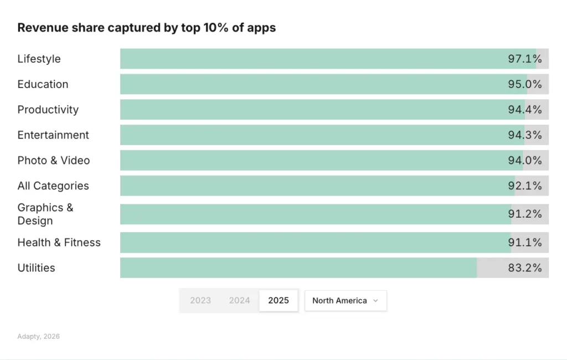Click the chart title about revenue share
coord(146,28)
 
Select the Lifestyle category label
coord(39,59)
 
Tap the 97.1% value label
coord(525,59)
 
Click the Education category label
coord(43,84)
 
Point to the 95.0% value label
coord(525,84)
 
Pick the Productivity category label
coord(48,110)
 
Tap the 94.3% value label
coord(525,135)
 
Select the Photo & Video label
coord(53,161)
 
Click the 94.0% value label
coord(525,161)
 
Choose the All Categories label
coord(53,186)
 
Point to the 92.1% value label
coord(525,186)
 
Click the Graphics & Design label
coord(45,214)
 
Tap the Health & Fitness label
coord(59,243)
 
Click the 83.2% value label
coord(525,268)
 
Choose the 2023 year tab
coord(200,301)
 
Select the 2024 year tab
coord(240,301)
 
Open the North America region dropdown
coord(346,301)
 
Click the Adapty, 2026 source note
coord(38,337)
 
